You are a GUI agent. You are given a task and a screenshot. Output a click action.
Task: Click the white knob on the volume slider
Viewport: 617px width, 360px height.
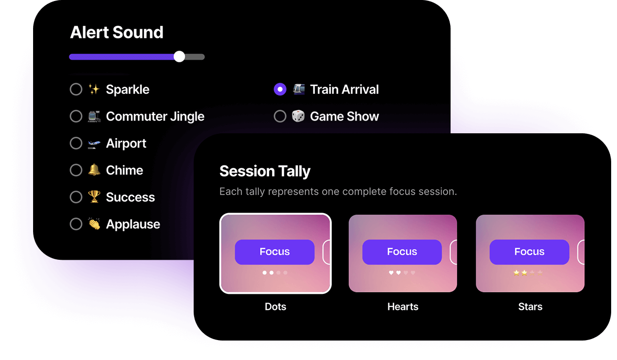(179, 56)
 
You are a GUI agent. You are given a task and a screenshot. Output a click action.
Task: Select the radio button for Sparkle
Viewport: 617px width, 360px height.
(76, 90)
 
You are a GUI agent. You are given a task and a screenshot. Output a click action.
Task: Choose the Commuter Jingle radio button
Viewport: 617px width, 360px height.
(76, 116)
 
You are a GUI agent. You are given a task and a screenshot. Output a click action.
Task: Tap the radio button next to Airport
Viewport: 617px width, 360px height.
(76, 144)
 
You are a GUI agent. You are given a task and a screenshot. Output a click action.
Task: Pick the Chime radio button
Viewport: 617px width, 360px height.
(76, 170)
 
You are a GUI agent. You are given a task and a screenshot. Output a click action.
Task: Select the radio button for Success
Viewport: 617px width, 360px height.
(76, 197)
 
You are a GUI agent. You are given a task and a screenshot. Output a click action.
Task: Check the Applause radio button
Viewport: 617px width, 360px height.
(76, 224)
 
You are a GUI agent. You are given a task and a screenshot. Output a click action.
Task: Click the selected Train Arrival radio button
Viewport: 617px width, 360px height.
(280, 90)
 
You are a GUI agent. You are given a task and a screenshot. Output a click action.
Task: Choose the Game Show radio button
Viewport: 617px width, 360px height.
(280, 116)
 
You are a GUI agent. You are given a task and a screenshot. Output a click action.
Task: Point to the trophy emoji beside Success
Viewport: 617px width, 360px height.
(94, 197)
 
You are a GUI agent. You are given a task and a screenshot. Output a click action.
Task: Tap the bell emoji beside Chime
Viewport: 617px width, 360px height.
(94, 170)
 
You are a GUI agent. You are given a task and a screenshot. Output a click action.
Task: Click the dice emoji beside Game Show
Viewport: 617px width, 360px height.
(298, 116)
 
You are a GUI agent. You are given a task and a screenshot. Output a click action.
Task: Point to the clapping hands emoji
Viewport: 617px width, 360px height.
(94, 224)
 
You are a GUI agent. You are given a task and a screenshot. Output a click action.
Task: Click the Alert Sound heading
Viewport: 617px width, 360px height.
(117, 33)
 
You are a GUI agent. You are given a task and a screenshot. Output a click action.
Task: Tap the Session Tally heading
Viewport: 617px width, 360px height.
(265, 171)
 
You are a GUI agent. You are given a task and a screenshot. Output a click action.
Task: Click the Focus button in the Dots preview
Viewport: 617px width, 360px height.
(274, 252)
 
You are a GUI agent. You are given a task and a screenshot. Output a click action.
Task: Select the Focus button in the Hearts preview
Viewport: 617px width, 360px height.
(402, 252)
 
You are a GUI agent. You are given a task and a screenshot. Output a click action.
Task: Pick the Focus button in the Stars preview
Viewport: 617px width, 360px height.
(529, 252)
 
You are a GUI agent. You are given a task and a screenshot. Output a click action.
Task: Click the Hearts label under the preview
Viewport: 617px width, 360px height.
(403, 307)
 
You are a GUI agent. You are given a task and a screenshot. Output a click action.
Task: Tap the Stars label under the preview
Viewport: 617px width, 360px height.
(530, 307)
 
